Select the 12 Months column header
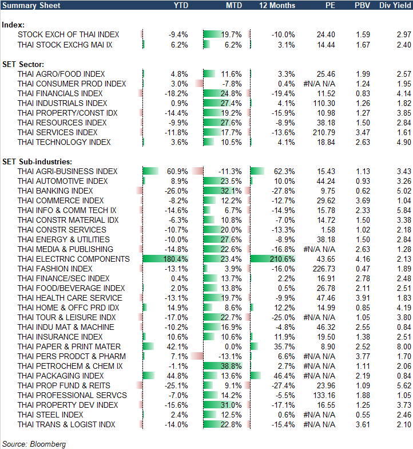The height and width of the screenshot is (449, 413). click(277, 5)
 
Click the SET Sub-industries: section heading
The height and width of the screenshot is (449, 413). click(36, 162)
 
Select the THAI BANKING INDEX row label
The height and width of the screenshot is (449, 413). click(55, 191)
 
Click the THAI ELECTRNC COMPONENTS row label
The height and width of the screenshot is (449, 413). click(73, 259)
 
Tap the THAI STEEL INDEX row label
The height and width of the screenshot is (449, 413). click(50, 415)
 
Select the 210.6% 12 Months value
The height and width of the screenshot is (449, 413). click(284, 259)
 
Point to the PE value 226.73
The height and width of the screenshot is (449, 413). click(323, 269)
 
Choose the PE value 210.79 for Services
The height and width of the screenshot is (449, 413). click(323, 132)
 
